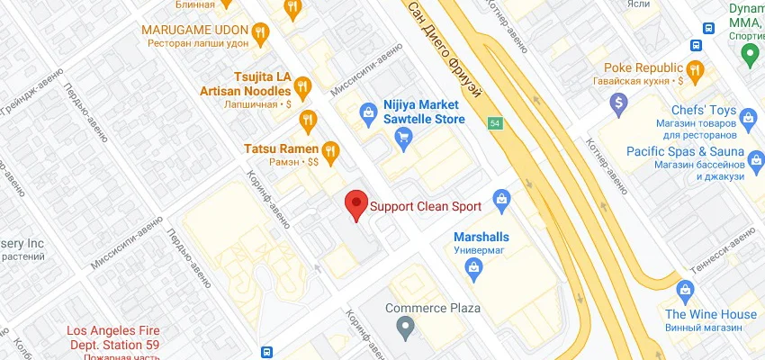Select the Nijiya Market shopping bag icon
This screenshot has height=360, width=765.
click(367, 112)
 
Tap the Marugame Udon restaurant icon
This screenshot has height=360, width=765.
click(260, 33)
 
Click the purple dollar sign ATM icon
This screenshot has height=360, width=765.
click(618, 104)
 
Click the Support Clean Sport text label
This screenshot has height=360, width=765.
click(426, 206)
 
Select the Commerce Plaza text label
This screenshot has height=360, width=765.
click(433, 308)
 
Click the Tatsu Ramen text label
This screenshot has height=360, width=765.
click(281, 148)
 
